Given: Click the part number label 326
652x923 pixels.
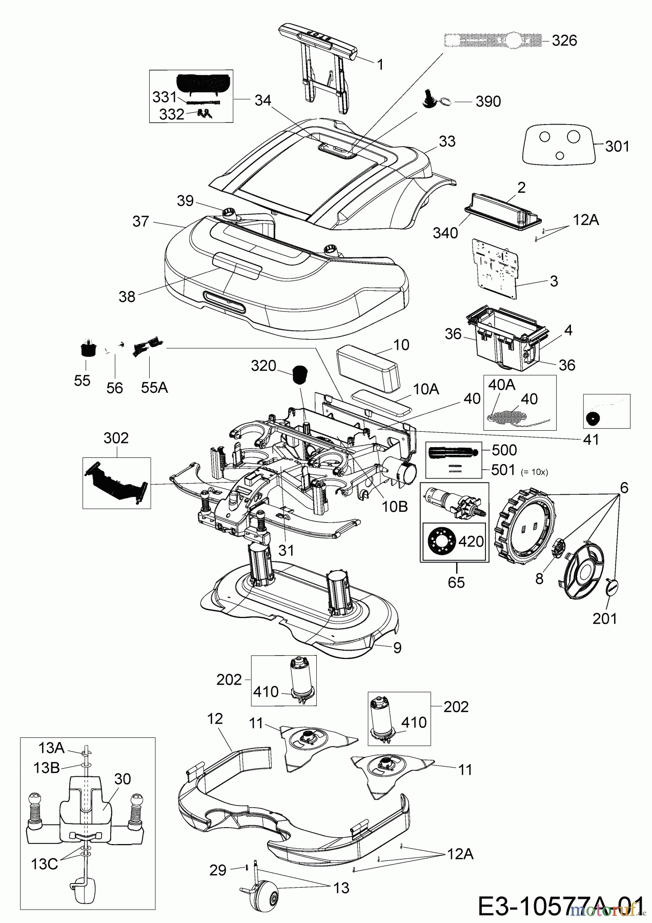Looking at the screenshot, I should click(564, 41).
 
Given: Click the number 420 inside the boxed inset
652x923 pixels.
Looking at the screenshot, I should click(470, 541).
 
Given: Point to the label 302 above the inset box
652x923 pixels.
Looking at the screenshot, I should click(116, 438).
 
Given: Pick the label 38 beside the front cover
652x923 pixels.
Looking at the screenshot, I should click(127, 296).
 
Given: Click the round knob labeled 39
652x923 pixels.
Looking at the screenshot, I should click(230, 212).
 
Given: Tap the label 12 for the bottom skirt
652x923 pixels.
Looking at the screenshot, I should click(215, 719).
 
